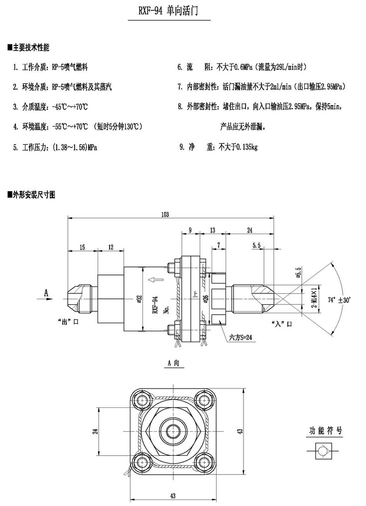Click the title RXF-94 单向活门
click(169, 11)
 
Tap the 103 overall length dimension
click(165, 214)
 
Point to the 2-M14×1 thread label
click(314, 298)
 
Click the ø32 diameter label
click(139, 299)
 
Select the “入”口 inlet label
click(282, 324)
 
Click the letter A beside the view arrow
click(46, 293)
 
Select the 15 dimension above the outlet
click(82, 247)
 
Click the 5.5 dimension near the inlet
click(257, 246)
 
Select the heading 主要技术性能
click(31, 48)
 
